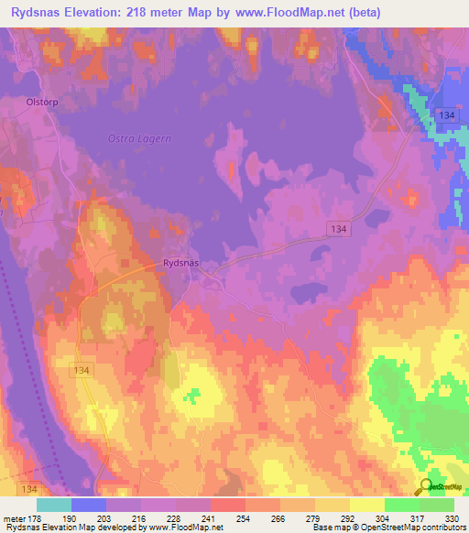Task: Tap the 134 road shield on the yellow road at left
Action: (80, 368)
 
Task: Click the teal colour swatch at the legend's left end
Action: (54, 505)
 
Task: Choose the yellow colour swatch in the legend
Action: (333, 505)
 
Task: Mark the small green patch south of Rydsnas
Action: (191, 396)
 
